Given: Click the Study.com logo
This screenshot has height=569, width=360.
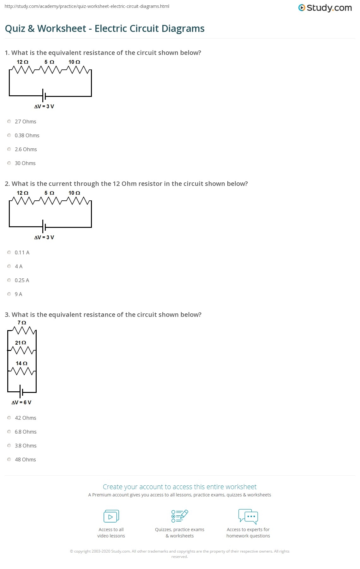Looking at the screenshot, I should [x=325, y=8].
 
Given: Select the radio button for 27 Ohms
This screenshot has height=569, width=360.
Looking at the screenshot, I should [x=9, y=122].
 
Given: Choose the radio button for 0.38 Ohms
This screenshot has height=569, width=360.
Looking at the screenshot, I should [x=9, y=135].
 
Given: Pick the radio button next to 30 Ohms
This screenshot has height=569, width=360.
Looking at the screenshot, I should [x=9, y=163].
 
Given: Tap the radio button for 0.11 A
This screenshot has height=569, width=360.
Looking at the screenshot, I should [x=9, y=252].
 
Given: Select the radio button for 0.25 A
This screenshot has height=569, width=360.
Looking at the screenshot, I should [x=9, y=280].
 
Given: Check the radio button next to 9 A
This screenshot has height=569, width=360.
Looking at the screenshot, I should [x=9, y=294].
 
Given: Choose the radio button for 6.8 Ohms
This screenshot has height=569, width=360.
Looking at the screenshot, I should [x=9, y=432].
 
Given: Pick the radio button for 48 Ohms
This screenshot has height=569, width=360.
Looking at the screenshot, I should [x=9, y=459].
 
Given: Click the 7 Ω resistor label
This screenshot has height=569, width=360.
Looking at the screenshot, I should [x=22, y=323].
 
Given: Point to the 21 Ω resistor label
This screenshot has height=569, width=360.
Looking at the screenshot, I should [x=21, y=343].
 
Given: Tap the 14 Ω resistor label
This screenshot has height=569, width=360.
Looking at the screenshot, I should [x=21, y=363].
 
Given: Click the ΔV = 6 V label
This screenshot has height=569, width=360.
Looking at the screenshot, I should [x=21, y=402].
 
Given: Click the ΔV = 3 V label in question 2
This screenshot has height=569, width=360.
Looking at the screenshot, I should [x=44, y=237].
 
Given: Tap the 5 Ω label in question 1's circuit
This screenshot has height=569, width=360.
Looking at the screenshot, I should [x=49, y=62].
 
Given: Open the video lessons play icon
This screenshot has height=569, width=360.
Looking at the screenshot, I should [x=111, y=516].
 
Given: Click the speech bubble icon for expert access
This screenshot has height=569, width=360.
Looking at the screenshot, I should [x=248, y=516].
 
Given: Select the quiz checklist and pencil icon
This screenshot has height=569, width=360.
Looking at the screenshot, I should [x=180, y=516].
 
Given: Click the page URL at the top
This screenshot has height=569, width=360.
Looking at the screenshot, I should [x=87, y=6].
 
